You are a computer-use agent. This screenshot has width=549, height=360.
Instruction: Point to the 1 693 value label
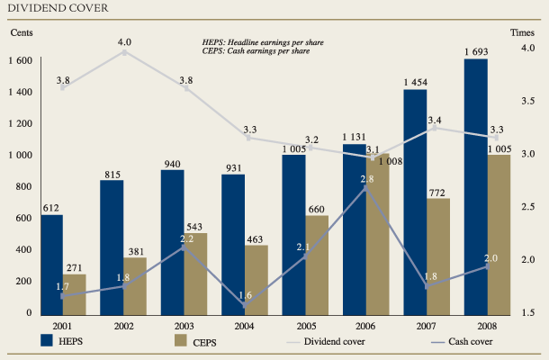(476, 51)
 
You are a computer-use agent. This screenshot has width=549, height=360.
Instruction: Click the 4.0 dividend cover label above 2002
(124, 41)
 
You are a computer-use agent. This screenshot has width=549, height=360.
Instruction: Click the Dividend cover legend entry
(329, 340)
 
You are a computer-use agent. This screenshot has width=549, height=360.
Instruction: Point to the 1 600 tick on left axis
(21, 60)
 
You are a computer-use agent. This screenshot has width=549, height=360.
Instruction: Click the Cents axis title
(22, 32)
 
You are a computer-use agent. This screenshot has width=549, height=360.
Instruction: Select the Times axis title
(523, 32)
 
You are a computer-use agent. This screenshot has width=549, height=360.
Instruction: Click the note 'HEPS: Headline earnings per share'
(262, 42)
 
